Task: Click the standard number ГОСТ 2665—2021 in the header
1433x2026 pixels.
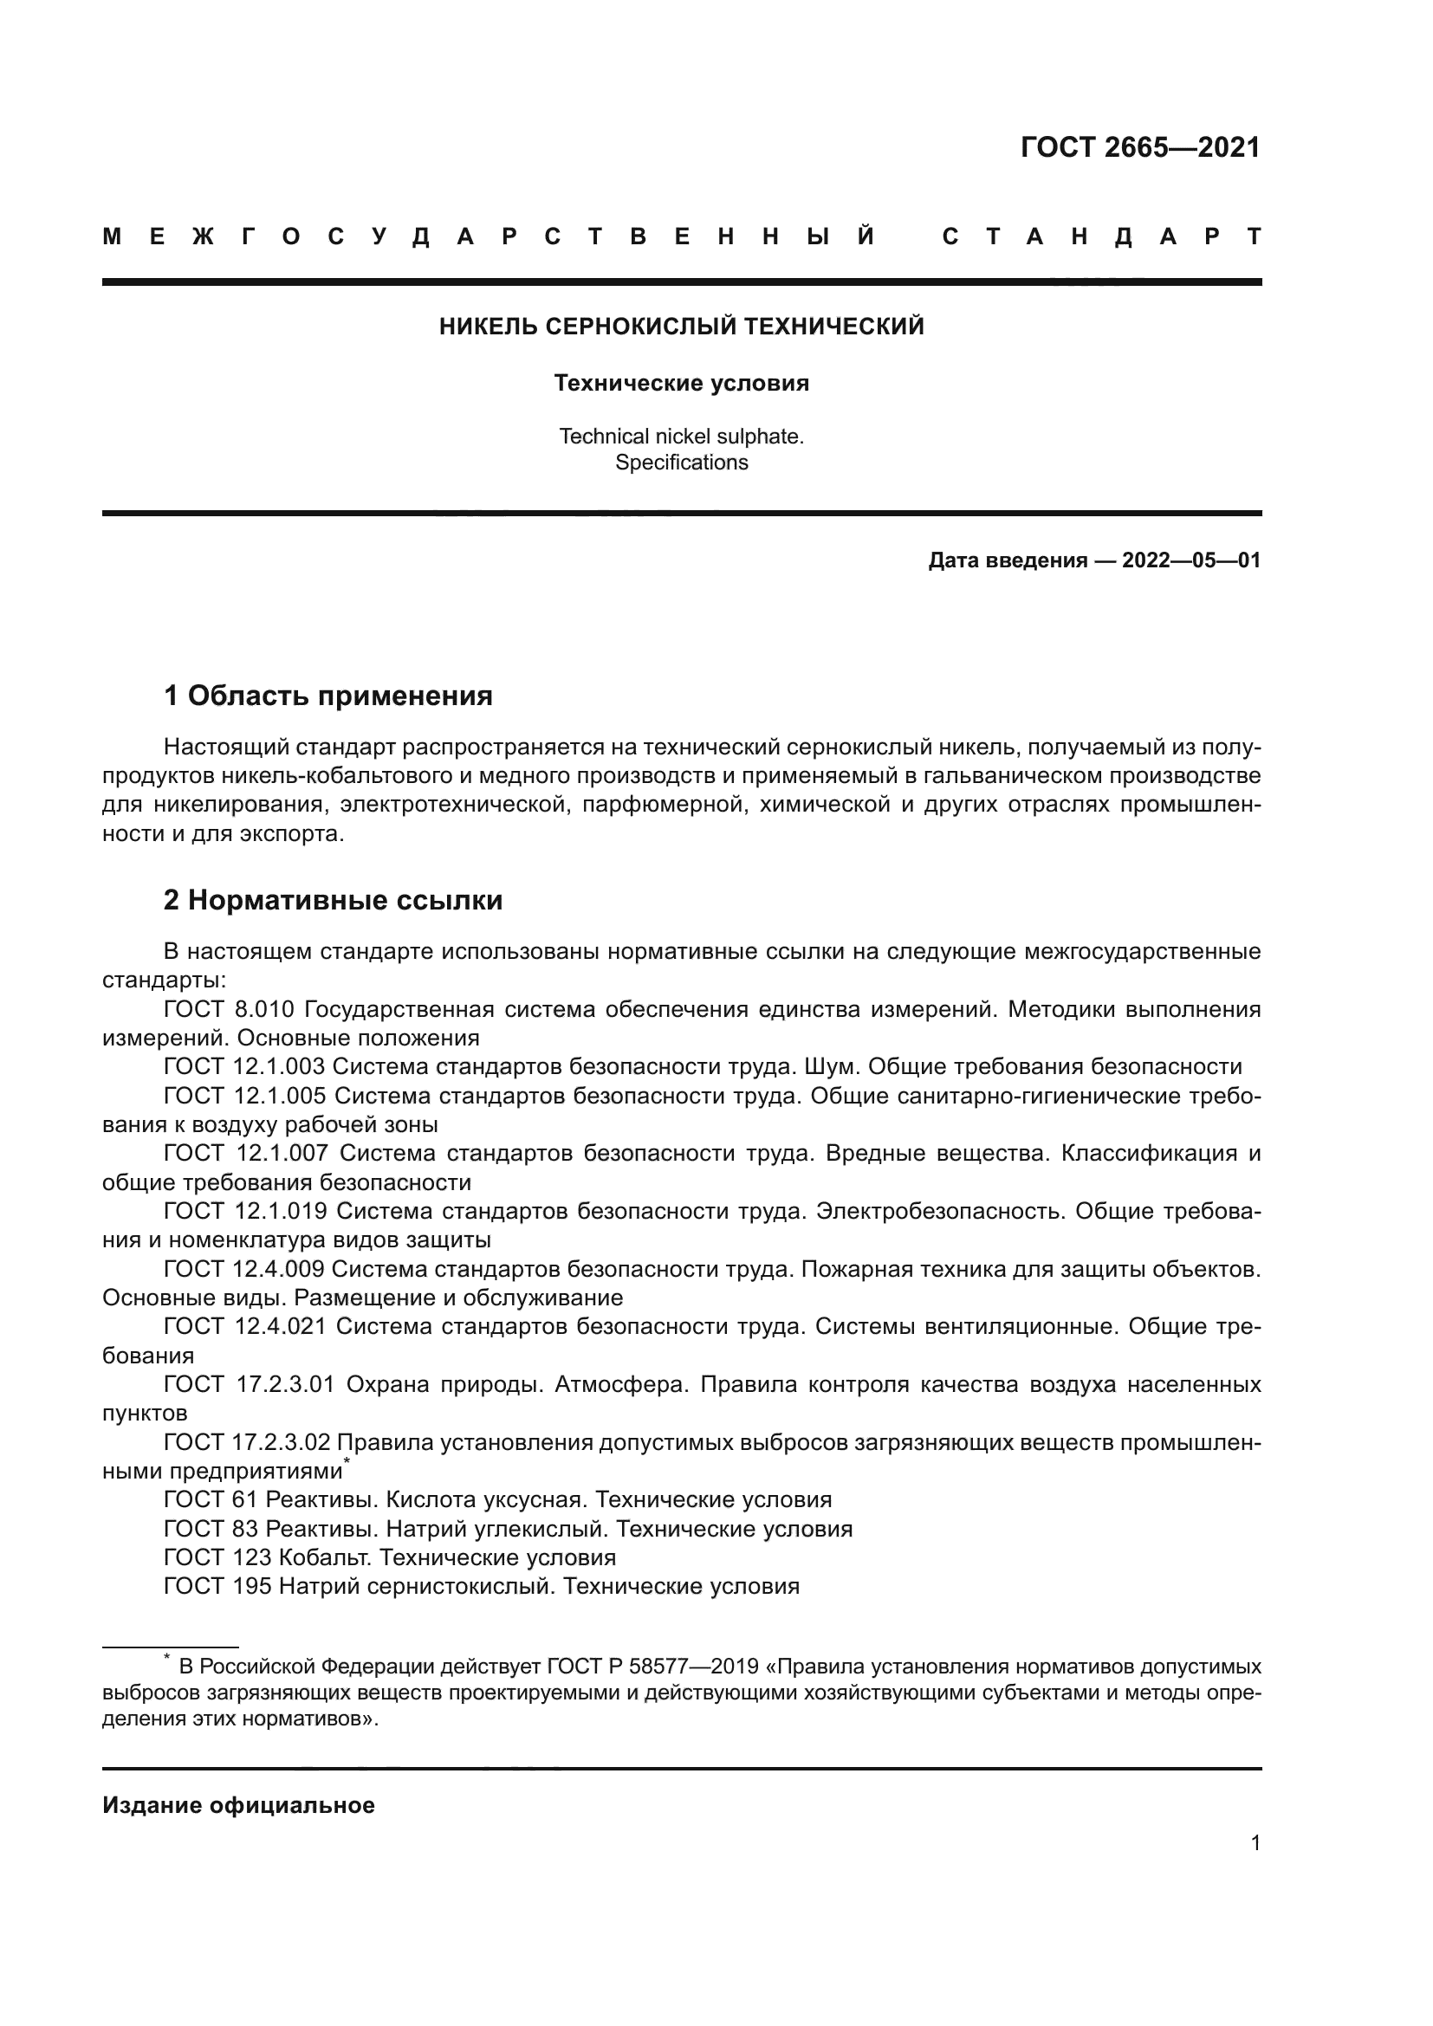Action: pos(1140,147)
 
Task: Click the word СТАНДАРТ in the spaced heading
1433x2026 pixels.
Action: pos(1101,237)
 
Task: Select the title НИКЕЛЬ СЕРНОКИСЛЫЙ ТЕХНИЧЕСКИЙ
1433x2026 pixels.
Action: pos(681,327)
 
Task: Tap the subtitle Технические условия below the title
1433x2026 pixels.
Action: pos(681,384)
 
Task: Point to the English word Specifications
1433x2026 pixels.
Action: pos(681,463)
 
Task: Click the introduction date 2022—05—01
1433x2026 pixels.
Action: pos(1190,561)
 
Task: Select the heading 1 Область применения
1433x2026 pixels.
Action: pos(327,696)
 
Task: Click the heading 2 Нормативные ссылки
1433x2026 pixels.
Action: pos(333,901)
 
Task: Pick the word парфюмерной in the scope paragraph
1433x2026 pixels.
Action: pos(658,806)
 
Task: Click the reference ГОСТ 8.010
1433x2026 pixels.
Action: pos(229,1009)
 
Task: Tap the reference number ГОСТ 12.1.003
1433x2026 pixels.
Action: pos(244,1067)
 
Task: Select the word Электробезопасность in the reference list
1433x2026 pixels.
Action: pos(940,1212)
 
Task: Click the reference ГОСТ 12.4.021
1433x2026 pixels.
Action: pos(244,1327)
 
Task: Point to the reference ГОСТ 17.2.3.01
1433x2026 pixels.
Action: pos(249,1384)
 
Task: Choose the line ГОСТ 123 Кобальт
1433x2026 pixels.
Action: pos(389,1557)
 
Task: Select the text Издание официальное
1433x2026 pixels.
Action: pos(238,1806)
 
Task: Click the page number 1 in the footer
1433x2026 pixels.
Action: pos(1255,1843)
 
